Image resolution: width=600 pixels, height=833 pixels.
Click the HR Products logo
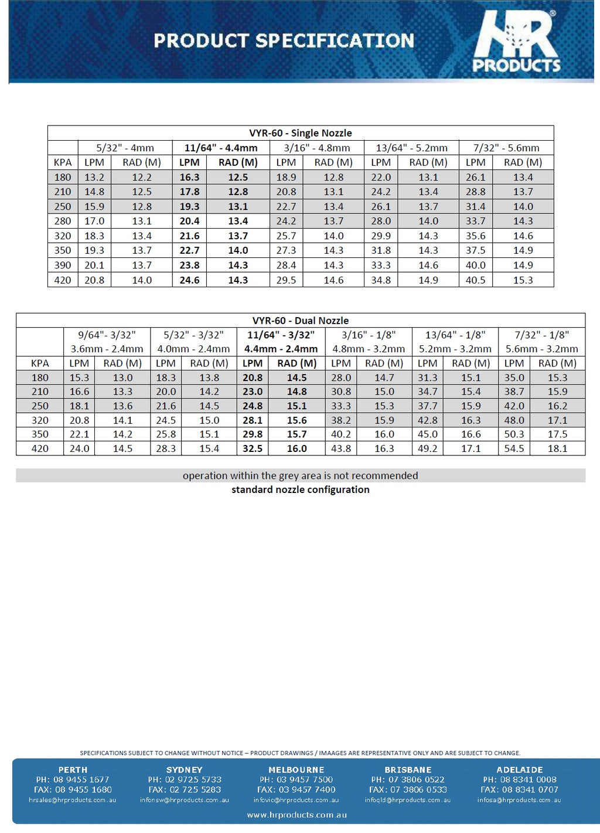(x=516, y=42)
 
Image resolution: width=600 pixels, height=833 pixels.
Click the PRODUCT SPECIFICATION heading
(x=284, y=40)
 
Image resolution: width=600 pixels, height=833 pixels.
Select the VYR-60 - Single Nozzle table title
(x=300, y=133)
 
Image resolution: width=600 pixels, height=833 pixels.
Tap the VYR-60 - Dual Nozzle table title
(x=300, y=321)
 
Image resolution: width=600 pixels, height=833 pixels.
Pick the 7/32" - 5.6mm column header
(x=506, y=148)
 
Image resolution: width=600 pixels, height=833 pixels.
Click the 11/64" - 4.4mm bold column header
(x=221, y=148)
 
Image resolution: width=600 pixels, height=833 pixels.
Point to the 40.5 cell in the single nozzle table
(x=475, y=280)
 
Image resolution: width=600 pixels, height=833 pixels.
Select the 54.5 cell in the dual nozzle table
(x=514, y=448)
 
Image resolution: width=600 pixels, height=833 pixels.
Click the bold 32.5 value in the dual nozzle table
(x=253, y=448)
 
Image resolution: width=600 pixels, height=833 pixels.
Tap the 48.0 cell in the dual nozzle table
(x=514, y=420)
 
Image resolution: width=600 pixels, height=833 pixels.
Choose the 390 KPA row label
(x=63, y=265)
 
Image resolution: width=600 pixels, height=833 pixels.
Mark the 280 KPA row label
(x=63, y=221)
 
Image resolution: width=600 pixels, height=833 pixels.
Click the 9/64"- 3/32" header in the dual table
(x=107, y=335)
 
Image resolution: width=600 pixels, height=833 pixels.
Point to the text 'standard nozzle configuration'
(x=300, y=489)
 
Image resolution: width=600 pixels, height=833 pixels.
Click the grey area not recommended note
(x=300, y=475)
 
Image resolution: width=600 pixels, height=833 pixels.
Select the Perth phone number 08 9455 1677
(x=73, y=780)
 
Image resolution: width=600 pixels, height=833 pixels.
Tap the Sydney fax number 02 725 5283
(x=185, y=790)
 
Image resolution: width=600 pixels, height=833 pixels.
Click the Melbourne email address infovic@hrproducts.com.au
(x=296, y=800)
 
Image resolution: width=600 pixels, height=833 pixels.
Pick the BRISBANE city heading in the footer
(x=408, y=770)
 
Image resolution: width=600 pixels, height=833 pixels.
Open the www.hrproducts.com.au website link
(x=296, y=815)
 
